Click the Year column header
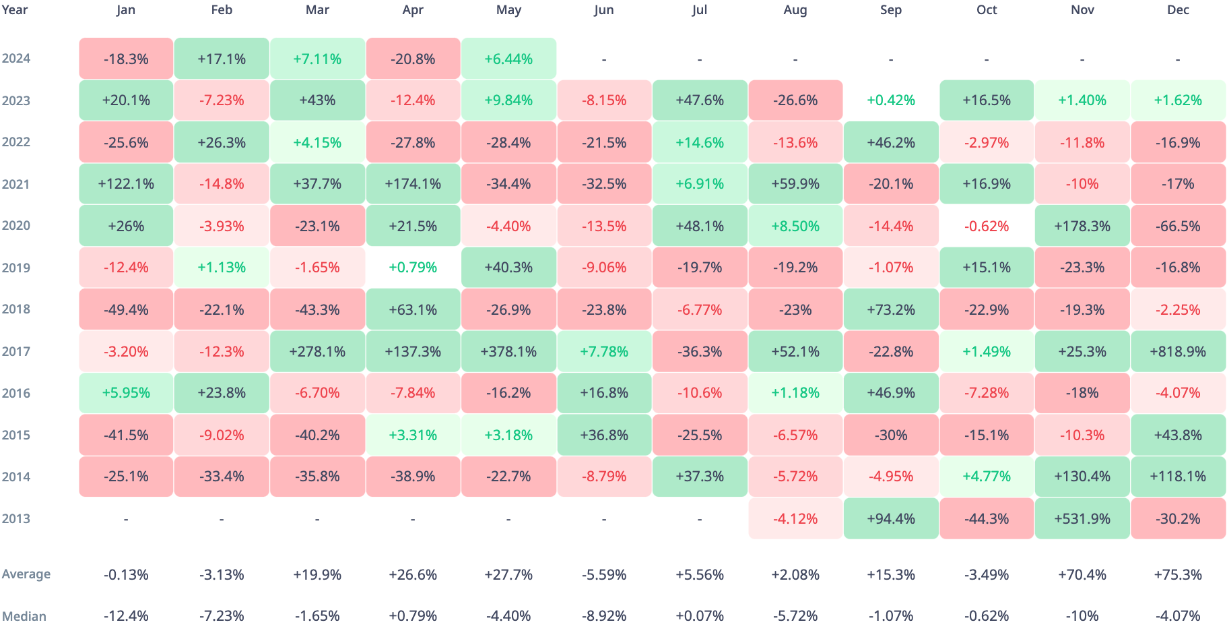click(x=15, y=10)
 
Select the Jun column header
click(x=604, y=10)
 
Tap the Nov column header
click(x=1082, y=10)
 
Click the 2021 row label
click(x=16, y=184)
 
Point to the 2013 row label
click(x=16, y=518)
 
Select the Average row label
click(x=26, y=574)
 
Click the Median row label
click(x=24, y=616)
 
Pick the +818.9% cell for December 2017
click(x=1178, y=351)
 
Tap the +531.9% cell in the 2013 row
click(x=1082, y=518)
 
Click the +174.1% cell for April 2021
click(x=413, y=184)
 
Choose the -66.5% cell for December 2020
click(x=1178, y=226)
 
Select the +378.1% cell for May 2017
click(x=508, y=351)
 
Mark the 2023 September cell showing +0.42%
click(x=891, y=100)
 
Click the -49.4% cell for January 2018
click(x=126, y=309)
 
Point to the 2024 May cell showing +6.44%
click(x=508, y=59)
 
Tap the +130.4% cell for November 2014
click(x=1082, y=477)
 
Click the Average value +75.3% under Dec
click(x=1178, y=575)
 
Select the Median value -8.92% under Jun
click(x=604, y=616)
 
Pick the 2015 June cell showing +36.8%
click(x=604, y=435)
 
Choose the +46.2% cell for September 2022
click(x=891, y=142)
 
